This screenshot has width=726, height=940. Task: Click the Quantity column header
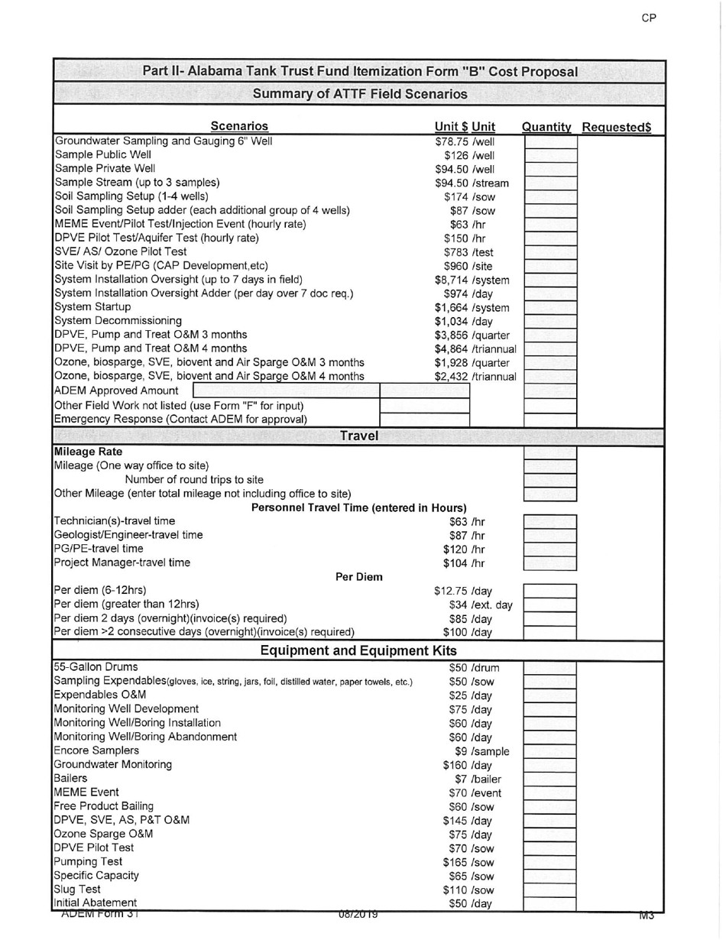pos(546,127)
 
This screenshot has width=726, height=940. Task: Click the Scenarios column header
pos(239,127)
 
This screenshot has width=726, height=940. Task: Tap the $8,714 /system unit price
pos(472,280)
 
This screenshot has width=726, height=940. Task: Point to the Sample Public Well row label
pos(103,154)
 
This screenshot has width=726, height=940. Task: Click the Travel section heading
pos(358,436)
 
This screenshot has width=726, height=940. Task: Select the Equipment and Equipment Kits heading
pos(358,650)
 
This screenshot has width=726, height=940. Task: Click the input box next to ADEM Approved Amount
pos(280,391)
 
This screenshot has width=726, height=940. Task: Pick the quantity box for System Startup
pos(549,307)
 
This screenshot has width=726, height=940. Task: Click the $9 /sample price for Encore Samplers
pos(481,751)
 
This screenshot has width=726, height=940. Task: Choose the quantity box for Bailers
pos(549,779)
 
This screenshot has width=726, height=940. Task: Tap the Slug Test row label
pos(77,890)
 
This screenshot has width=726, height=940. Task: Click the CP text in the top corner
pos(648,18)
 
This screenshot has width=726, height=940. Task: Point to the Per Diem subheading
pos(359,576)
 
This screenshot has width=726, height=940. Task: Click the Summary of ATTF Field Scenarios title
pos(359,94)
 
